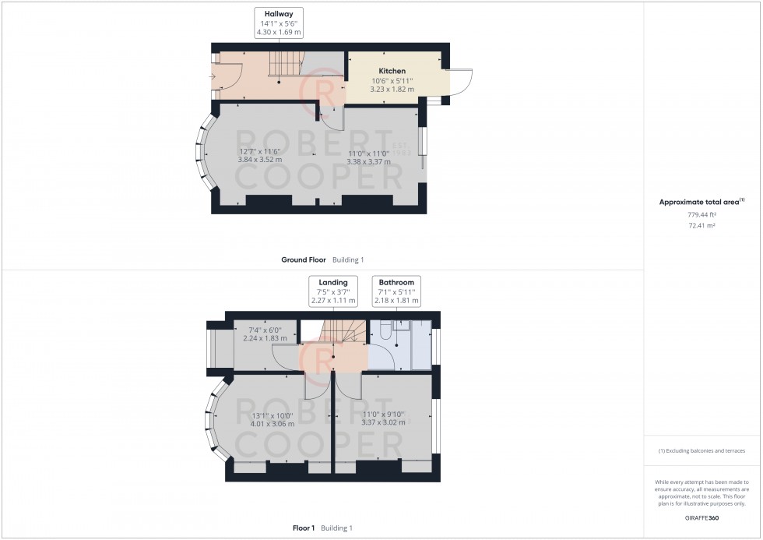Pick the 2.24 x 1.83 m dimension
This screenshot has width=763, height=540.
(265, 338)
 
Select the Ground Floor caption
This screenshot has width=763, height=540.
(303, 259)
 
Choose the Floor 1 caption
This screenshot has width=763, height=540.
(304, 528)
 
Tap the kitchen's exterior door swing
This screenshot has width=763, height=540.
(461, 81)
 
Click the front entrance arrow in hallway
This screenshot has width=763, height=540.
(216, 76)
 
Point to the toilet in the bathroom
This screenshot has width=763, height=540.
(384, 332)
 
